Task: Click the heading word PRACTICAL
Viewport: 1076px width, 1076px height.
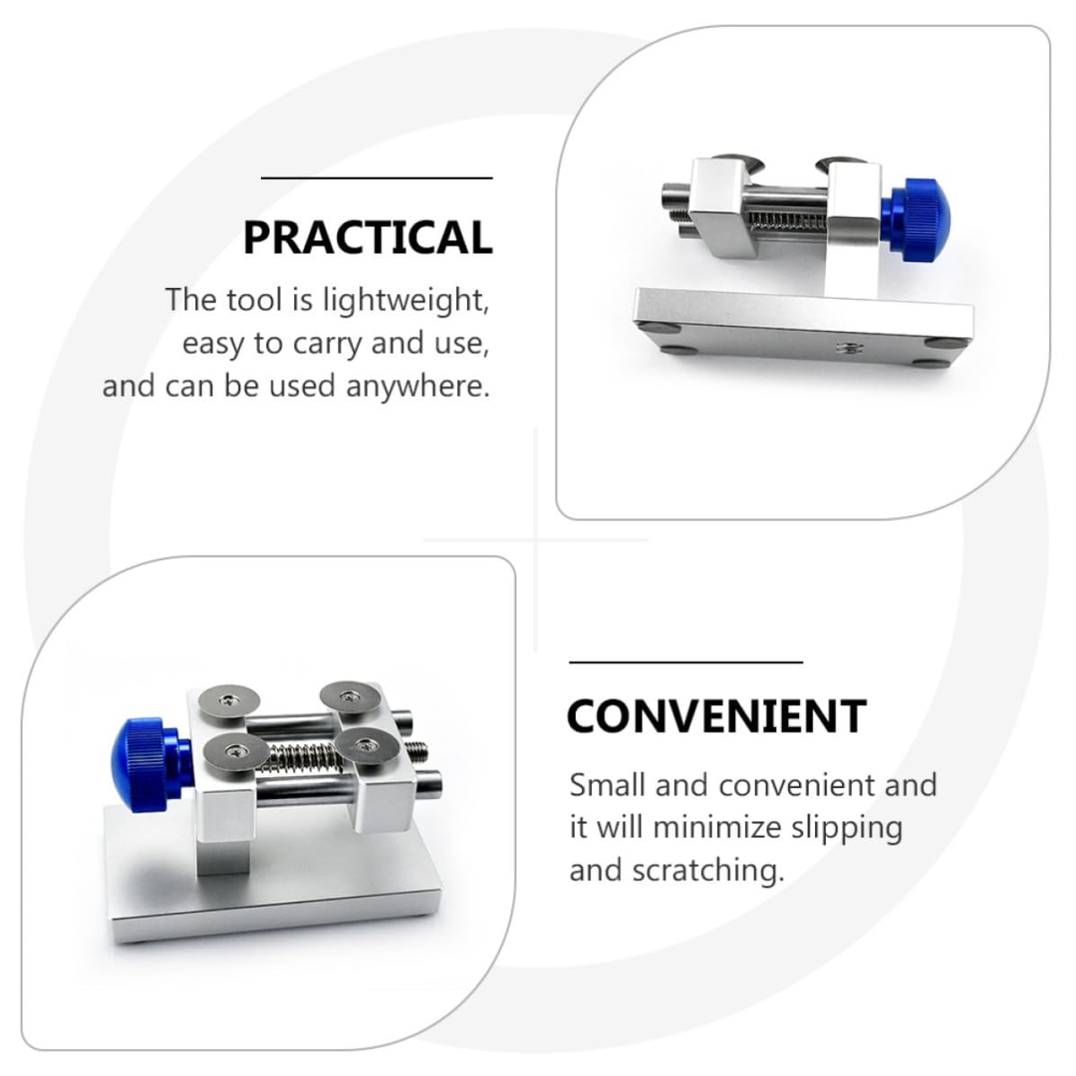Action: tap(368, 238)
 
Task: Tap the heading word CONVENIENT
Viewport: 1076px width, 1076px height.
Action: tap(717, 716)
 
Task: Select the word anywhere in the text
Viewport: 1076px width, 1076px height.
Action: tap(418, 386)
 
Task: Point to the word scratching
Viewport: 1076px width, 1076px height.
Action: tap(708, 871)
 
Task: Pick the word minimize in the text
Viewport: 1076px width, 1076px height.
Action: tap(717, 827)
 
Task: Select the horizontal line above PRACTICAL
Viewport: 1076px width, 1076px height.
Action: tap(377, 178)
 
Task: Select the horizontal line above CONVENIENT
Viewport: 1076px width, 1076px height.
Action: tap(686, 662)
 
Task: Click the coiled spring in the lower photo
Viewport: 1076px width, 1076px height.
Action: tap(304, 757)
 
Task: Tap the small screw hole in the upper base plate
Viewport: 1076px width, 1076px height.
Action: tap(844, 348)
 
